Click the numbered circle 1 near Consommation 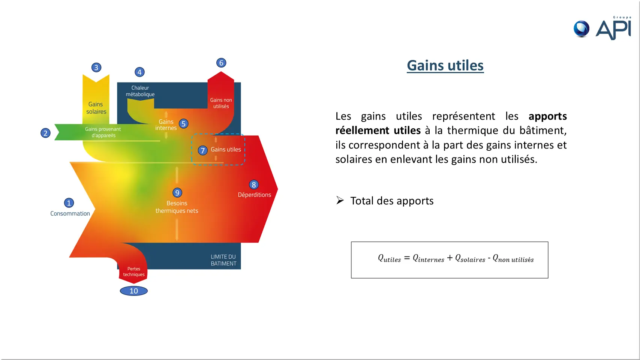tap(69, 203)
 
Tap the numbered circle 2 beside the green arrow tap(45, 133)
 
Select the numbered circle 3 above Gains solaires tap(96, 67)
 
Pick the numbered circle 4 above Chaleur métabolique tap(139, 72)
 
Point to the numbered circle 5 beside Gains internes tap(183, 124)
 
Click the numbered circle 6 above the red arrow tap(221, 63)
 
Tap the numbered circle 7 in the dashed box tap(202, 150)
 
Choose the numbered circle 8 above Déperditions tap(254, 184)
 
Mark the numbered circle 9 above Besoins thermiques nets tap(177, 193)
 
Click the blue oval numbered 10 tap(134, 291)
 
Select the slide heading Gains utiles tap(445, 66)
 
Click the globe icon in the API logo tap(582, 29)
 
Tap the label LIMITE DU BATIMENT tap(223, 260)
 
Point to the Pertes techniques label tap(134, 271)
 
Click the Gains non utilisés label tap(221, 103)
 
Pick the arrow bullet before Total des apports tap(340, 200)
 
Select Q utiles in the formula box tap(389, 259)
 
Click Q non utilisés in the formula tap(513, 259)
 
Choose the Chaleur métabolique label tap(140, 91)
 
